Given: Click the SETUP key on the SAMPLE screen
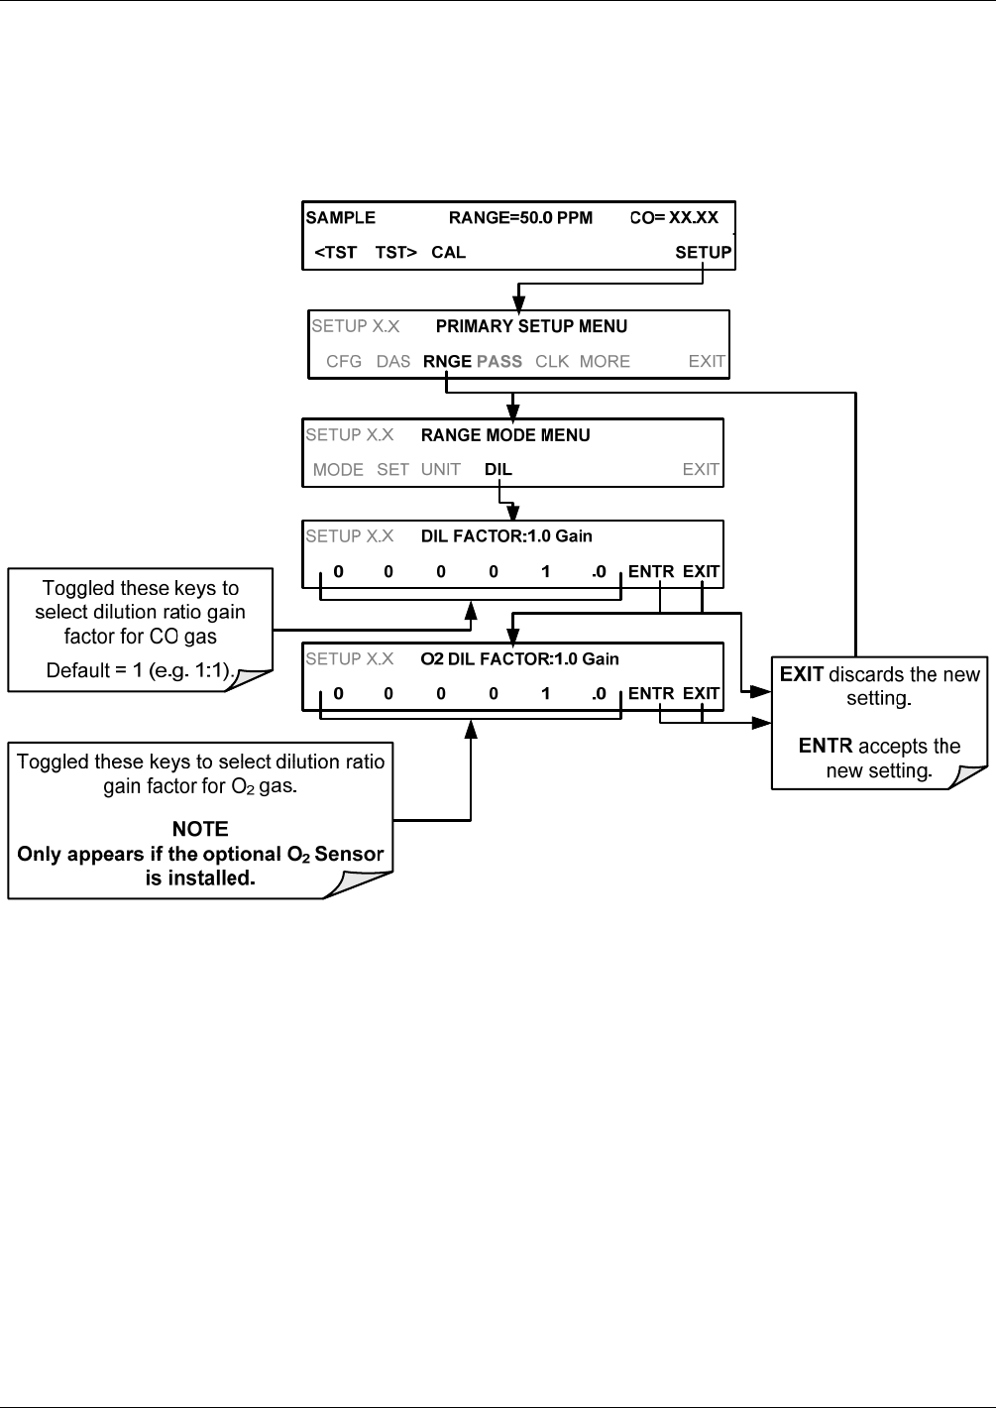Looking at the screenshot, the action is [x=704, y=252].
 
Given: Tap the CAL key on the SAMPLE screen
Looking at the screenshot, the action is [x=448, y=252].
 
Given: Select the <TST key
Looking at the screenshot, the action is [x=336, y=252].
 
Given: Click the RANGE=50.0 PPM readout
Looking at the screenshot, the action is [x=520, y=217].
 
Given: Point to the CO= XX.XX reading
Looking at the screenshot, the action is [x=674, y=217].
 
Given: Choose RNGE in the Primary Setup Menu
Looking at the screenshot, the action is [x=447, y=362].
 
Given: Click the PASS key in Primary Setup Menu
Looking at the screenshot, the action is [x=499, y=362].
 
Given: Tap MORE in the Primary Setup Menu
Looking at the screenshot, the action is [x=605, y=362].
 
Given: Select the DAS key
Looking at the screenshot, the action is [x=392, y=362].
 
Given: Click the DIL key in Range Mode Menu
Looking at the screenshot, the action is [x=498, y=470].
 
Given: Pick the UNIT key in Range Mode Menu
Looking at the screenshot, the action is [x=440, y=470].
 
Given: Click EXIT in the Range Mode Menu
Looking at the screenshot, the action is [x=701, y=470].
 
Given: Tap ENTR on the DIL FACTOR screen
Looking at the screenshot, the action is [x=651, y=571].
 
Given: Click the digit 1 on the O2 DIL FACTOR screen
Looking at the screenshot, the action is [x=545, y=693].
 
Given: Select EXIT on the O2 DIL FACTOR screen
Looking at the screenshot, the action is [x=701, y=693].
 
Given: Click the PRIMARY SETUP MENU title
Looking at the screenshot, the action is [x=531, y=326].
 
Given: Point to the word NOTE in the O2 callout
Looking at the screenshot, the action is [x=200, y=829].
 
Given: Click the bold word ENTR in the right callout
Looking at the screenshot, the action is [x=826, y=746].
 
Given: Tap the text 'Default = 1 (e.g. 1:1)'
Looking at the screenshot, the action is [x=140, y=670].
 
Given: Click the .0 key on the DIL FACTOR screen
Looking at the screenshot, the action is [x=599, y=571].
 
